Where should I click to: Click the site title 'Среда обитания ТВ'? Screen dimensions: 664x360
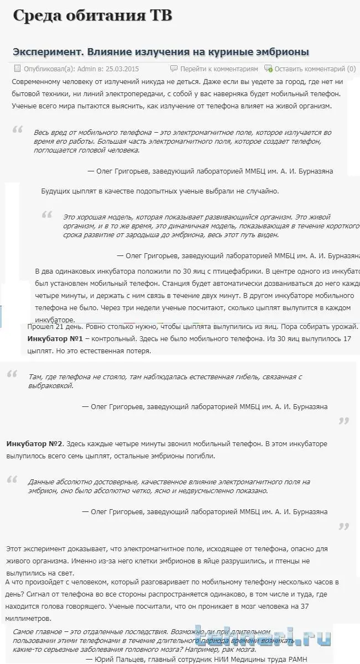click(92, 17)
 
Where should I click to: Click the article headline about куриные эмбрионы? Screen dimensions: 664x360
click(160, 52)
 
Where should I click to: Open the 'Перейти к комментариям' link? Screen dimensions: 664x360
click(219, 69)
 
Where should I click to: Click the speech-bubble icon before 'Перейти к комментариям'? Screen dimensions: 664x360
click(174, 69)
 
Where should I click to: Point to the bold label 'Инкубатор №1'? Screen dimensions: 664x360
click(55, 338)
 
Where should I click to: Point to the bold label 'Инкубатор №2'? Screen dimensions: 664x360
click(35, 443)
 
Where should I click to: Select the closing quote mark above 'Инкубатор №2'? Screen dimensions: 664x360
click(343, 421)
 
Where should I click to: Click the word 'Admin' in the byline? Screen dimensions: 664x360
click(86, 69)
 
